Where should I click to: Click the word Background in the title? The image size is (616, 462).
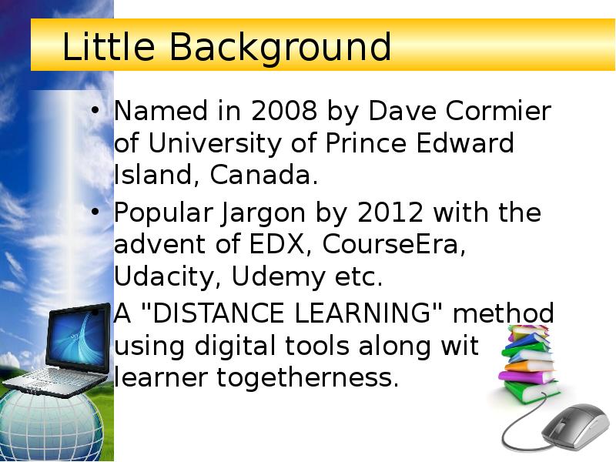click(x=280, y=48)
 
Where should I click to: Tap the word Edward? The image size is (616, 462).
click(x=470, y=144)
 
